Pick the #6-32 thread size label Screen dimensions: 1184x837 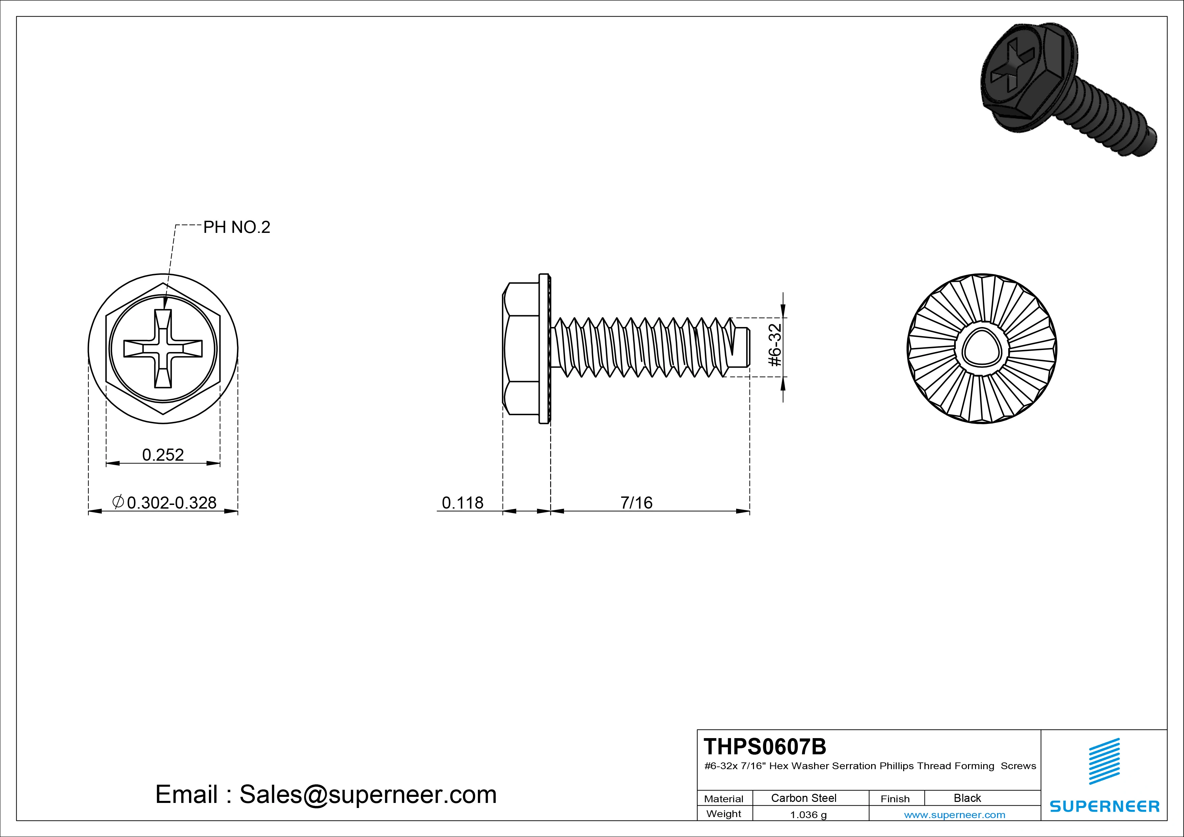pos(775,345)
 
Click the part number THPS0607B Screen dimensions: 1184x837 pos(765,746)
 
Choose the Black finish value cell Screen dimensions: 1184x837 pos(967,798)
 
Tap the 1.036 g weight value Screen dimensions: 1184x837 pos(809,815)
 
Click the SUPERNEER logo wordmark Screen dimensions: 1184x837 pos(1105,806)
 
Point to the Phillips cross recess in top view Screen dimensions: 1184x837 pos(163,349)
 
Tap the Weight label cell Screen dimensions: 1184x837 pos(724,814)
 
